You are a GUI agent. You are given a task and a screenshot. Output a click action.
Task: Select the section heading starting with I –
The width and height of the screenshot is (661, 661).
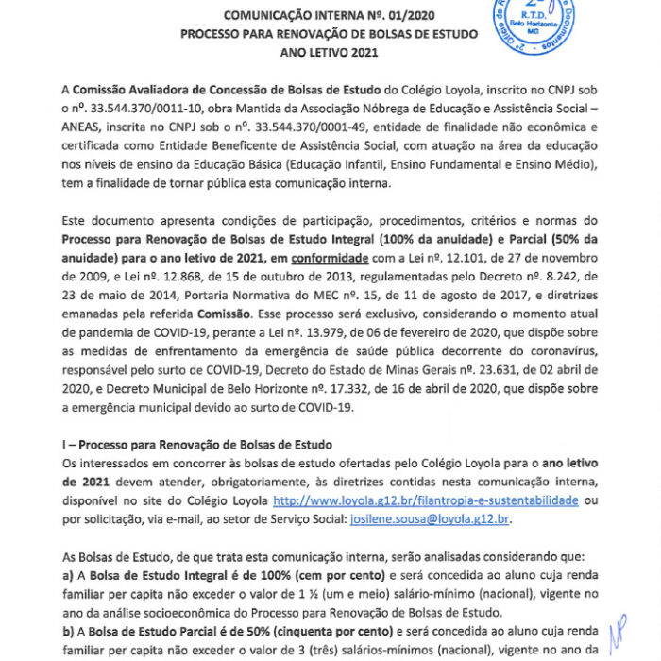pos(196,445)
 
